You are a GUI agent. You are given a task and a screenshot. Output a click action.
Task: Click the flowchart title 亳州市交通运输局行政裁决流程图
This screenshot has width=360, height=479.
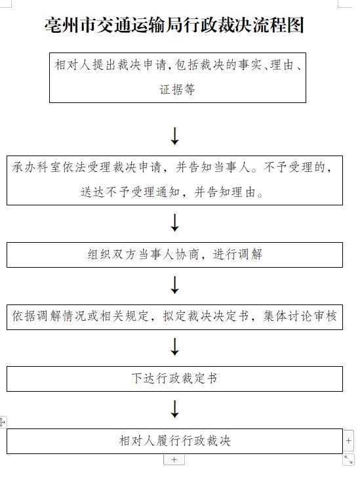pos(174,25)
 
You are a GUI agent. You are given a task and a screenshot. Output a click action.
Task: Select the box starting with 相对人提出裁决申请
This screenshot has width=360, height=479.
pos(178,77)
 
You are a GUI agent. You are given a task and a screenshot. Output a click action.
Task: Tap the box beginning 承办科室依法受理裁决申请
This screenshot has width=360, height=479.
pos(174,180)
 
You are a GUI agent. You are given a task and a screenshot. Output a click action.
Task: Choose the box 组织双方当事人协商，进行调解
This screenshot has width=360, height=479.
pos(174,255)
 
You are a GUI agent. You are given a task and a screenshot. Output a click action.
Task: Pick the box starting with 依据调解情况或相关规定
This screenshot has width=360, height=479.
pos(174,317)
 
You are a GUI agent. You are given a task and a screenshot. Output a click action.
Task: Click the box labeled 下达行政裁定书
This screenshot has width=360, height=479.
pos(174,379)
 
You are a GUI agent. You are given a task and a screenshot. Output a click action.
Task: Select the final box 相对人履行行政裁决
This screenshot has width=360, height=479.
pos(174,441)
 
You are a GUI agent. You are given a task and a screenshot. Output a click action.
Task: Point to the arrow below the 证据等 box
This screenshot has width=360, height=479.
pos(175,136)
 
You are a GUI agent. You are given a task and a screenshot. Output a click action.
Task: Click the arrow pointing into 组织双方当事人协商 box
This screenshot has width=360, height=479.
pos(175,222)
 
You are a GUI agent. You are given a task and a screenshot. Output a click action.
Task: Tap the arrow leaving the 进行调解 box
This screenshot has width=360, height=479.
pos(175,285)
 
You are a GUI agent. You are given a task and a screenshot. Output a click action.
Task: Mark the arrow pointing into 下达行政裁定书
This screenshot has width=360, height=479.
pos(175,346)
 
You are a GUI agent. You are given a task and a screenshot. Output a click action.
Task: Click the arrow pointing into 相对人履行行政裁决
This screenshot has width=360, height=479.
pos(175,409)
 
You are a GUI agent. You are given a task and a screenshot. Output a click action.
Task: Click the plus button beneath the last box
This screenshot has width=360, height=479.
pos(174,460)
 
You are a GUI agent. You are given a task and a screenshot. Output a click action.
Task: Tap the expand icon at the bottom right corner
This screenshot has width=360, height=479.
pos(348,459)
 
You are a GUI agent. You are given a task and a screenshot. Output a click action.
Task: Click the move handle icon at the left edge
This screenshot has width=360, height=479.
pos(3,422)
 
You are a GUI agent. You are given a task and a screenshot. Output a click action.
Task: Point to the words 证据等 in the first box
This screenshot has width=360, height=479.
pos(177,89)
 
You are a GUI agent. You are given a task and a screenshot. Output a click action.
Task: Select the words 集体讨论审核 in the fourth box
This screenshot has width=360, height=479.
pos(300,316)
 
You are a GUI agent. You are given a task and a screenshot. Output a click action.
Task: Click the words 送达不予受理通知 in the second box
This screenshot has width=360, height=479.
pos(130,192)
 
